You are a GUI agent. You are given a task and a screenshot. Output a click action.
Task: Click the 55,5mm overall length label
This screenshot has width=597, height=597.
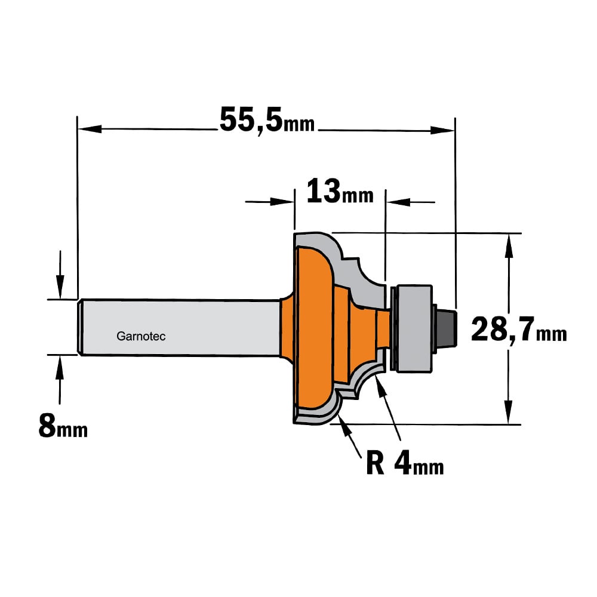pos(267,121)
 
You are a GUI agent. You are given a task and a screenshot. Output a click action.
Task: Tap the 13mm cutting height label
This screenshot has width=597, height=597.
pos(340,192)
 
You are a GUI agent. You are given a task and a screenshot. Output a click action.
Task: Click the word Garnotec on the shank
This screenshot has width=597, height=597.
pos(141,336)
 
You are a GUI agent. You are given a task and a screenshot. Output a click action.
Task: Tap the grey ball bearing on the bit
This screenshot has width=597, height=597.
pos(414,328)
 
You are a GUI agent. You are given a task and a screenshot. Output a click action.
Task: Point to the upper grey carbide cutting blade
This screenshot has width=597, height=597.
pos(343,263)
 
